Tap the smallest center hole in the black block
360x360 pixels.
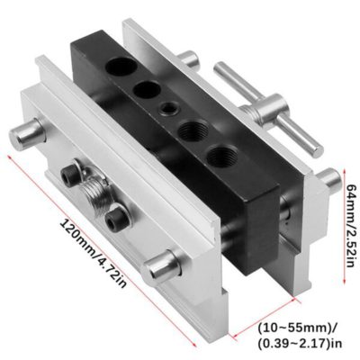pyautogui.click(x=167, y=108)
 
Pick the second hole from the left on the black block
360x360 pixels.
pyautogui.click(x=144, y=89)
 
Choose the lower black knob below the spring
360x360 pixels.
pyautogui.click(x=114, y=216)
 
